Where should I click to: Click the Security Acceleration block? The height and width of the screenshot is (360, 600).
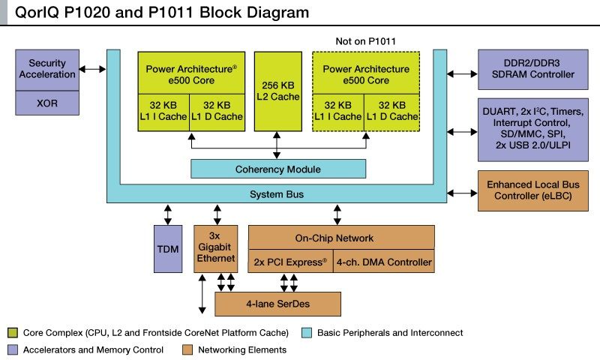click(x=52, y=69)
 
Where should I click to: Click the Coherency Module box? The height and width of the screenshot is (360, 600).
click(x=277, y=169)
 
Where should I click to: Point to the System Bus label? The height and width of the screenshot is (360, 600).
click(x=277, y=194)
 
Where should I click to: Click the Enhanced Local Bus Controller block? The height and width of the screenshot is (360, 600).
click(x=532, y=190)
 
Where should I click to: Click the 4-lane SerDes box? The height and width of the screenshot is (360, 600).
click(x=277, y=304)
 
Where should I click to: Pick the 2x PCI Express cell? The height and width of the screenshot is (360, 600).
click(x=289, y=262)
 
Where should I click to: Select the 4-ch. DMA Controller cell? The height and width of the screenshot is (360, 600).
click(x=382, y=262)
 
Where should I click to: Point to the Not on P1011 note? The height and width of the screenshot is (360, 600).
click(x=365, y=40)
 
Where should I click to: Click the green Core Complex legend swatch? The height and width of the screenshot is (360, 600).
click(x=13, y=332)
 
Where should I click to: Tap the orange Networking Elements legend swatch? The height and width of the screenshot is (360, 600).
click(x=188, y=349)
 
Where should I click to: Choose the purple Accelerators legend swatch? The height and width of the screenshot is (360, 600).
click(x=13, y=349)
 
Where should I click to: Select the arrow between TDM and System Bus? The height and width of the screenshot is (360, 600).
click(x=167, y=214)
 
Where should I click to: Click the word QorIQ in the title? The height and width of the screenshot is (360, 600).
click(x=34, y=13)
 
